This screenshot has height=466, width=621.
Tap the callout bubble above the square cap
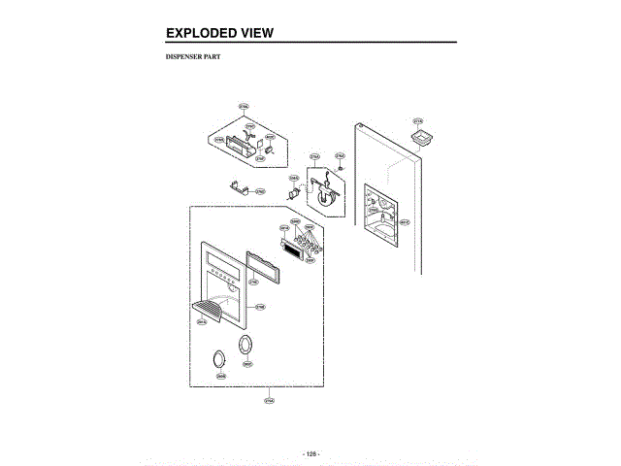418,122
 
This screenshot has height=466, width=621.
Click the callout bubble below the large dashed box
269,398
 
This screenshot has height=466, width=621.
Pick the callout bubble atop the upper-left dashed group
244,106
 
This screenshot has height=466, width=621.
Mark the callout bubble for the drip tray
202,322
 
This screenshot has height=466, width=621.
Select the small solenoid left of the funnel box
294,192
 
